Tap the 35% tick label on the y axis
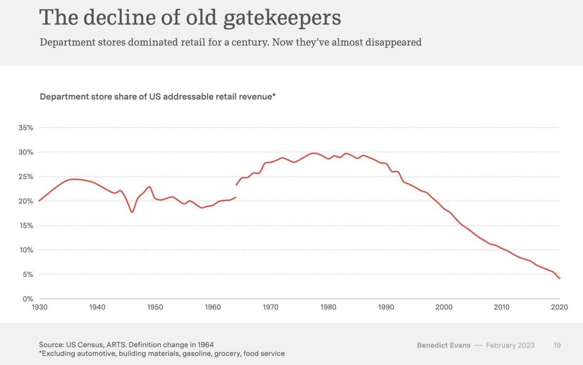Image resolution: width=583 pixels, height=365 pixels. coord(25,128)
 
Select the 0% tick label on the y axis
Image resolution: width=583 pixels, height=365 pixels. coord(27,299)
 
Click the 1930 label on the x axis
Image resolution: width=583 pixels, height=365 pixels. coord(39,307)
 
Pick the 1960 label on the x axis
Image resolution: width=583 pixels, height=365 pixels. coord(213,307)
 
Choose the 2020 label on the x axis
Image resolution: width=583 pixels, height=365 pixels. coord(560,307)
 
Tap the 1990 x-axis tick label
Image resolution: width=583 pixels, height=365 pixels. coord(386,307)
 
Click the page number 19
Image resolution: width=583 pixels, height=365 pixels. coord(557,345)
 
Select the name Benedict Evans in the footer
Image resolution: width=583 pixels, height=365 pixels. coord(444,345)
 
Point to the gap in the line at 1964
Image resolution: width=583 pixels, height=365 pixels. coord(236,191)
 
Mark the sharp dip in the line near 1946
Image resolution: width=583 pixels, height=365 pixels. coord(132,212)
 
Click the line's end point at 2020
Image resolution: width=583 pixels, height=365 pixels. coord(560,278)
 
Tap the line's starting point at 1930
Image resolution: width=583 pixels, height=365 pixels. coord(39,201)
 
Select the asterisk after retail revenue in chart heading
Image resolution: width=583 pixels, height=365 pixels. coord(274,96)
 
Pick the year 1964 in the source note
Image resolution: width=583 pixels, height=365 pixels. coord(204,345)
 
